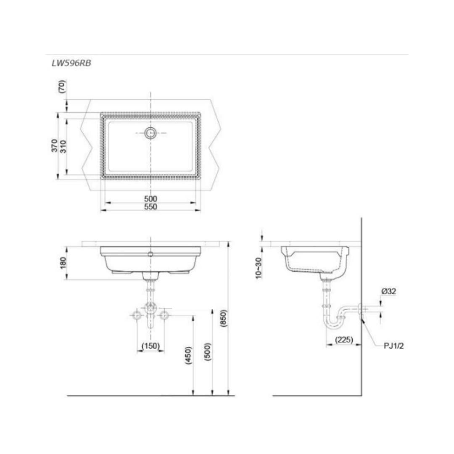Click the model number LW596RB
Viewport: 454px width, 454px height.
click(x=71, y=63)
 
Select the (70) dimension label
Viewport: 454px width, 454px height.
click(x=62, y=86)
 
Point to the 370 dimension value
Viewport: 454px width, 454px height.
click(x=54, y=145)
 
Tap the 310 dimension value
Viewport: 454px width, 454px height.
click(x=63, y=147)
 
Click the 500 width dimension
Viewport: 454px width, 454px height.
click(x=150, y=199)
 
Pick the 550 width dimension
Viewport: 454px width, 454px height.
click(x=150, y=207)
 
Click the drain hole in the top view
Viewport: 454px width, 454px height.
click(x=150, y=133)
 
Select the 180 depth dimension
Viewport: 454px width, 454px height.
click(x=63, y=263)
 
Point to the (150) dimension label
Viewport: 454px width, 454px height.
click(x=150, y=346)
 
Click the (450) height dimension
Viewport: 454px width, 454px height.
click(x=188, y=355)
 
